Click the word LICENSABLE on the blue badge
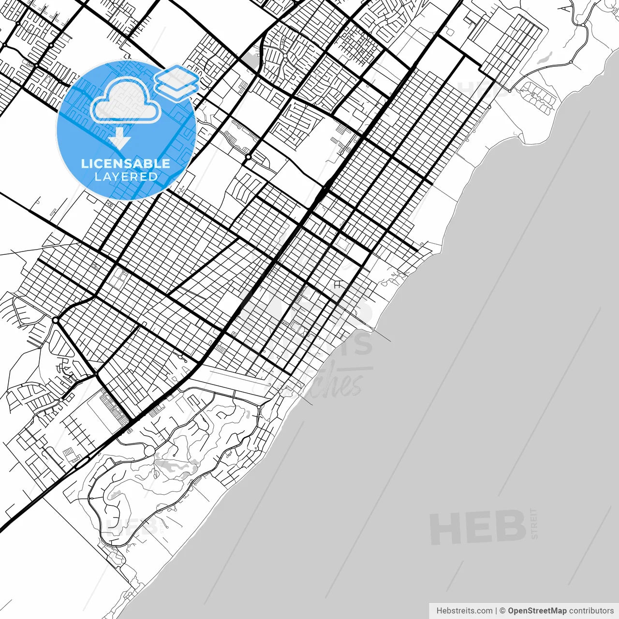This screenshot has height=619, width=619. [126, 163]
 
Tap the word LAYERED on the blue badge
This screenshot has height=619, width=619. [126, 177]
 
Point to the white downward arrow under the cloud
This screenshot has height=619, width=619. [119, 140]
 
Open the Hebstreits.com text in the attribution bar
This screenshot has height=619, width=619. [464, 611]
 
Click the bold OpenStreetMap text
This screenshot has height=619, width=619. [537, 611]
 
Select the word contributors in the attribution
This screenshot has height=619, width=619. [591, 611]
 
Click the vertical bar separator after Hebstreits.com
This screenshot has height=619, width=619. [497, 611]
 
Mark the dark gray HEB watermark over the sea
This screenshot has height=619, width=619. [478, 527]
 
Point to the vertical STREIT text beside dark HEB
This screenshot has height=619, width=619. [534, 523]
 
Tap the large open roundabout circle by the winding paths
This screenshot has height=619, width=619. [149, 451]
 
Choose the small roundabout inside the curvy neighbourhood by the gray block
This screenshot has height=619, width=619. [285, 56]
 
